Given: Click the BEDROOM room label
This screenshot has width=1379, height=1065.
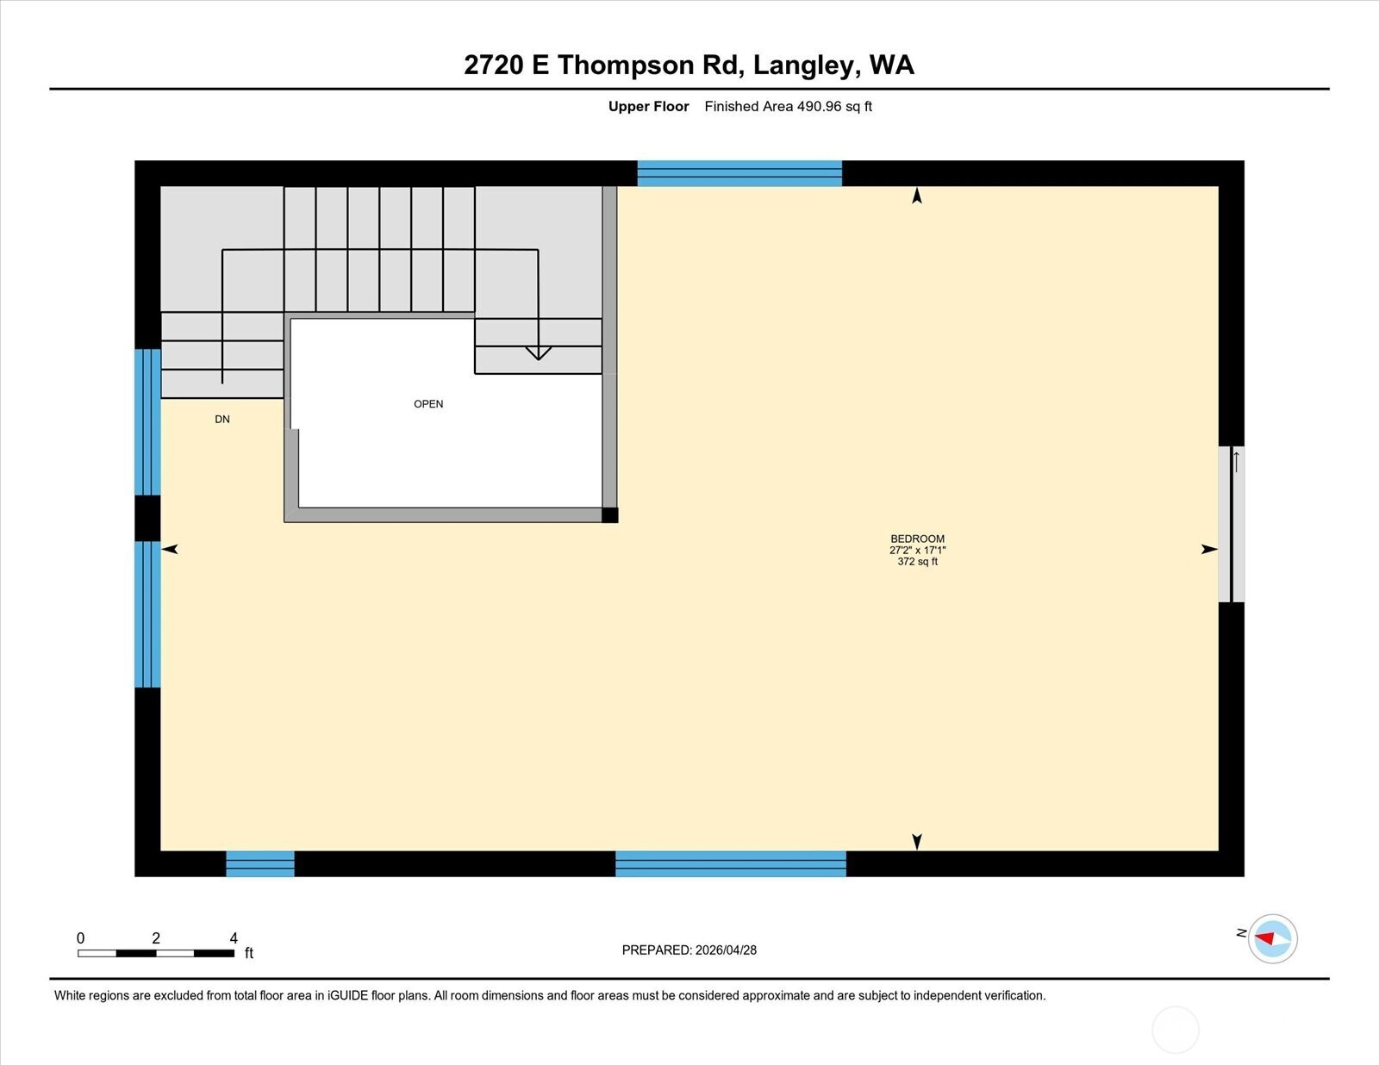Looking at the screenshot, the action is (x=917, y=539).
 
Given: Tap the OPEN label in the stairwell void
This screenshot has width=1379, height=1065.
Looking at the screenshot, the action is (x=428, y=404).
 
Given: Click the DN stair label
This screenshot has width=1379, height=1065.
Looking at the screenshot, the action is (x=222, y=420).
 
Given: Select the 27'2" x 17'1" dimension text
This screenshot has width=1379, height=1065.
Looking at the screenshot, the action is (x=917, y=550).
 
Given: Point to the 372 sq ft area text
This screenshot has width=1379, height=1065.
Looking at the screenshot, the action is (x=917, y=561).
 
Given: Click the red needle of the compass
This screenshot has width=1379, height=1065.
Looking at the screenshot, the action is (x=1264, y=937).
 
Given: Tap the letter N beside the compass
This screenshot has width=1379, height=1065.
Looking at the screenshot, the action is (x=1241, y=932).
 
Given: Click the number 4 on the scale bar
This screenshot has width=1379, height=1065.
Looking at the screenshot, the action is (x=234, y=937).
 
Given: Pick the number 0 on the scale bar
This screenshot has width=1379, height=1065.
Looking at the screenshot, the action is (x=81, y=937).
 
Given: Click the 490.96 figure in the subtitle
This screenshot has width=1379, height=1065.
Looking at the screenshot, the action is (x=819, y=106).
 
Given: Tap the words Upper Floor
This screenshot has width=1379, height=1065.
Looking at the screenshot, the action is (x=649, y=106).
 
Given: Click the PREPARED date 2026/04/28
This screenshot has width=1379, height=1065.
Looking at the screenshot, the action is (x=726, y=950).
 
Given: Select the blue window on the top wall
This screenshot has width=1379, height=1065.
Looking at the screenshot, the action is (x=739, y=173).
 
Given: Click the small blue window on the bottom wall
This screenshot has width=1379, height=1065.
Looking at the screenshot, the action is (x=260, y=864).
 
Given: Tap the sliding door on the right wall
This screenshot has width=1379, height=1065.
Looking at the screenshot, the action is (x=1231, y=525).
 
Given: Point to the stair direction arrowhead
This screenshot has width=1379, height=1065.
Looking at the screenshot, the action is (x=538, y=353).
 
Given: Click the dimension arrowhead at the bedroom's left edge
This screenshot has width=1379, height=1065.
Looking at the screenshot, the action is (x=170, y=550).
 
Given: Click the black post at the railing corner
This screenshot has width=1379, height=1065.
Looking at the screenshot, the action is (x=610, y=515).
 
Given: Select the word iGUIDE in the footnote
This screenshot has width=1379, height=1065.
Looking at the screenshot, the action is (x=347, y=995).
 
